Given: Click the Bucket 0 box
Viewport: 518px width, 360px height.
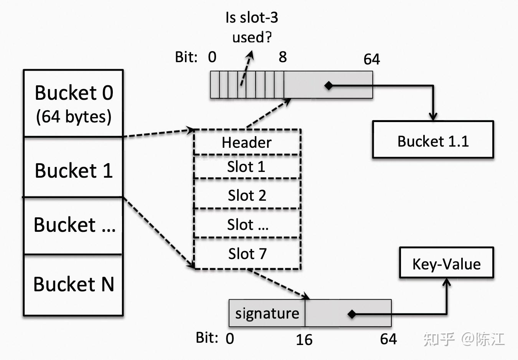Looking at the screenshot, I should click(x=73, y=103).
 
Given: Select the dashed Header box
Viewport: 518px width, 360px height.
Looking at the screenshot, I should click(x=247, y=142).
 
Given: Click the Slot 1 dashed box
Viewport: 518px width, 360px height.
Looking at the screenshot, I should click(x=247, y=167).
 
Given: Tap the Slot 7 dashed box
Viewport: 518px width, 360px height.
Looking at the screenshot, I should click(x=247, y=254).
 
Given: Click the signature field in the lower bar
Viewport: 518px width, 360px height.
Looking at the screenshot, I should click(x=267, y=313).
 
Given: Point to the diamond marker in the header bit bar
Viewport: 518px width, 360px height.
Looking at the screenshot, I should click(x=328, y=86).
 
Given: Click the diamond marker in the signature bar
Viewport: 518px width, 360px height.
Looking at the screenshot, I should click(x=351, y=314).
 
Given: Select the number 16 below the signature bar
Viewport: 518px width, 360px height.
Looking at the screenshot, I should click(x=304, y=339).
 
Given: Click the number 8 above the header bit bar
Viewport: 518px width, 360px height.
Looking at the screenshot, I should click(x=283, y=57).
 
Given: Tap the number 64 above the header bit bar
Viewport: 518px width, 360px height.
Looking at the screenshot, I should click(x=371, y=59).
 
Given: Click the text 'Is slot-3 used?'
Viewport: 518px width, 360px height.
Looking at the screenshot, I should click(x=252, y=27).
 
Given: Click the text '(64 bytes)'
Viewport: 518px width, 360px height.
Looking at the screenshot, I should click(x=73, y=117).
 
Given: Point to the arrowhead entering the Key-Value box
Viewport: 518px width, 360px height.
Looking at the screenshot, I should click(x=447, y=283).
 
